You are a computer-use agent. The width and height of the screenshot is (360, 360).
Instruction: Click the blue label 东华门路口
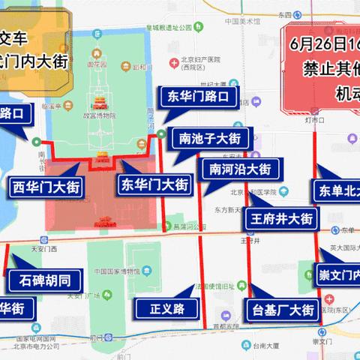(x=193, y=96)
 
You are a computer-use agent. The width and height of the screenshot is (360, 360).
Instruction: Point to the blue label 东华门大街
(x=155, y=183)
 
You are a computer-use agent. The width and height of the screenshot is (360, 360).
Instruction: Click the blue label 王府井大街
(x=280, y=219)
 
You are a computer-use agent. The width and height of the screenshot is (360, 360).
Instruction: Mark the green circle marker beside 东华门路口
(x=162, y=135)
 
